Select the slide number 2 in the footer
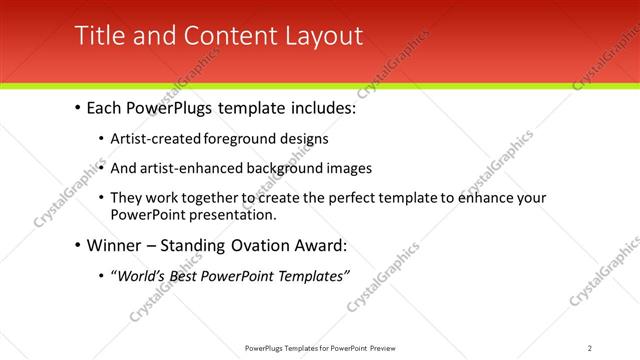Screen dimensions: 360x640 tap(590, 348)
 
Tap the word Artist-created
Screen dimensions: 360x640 tap(156, 138)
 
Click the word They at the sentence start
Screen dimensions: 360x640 tap(127, 198)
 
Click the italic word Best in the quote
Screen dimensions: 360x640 tap(191, 275)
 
